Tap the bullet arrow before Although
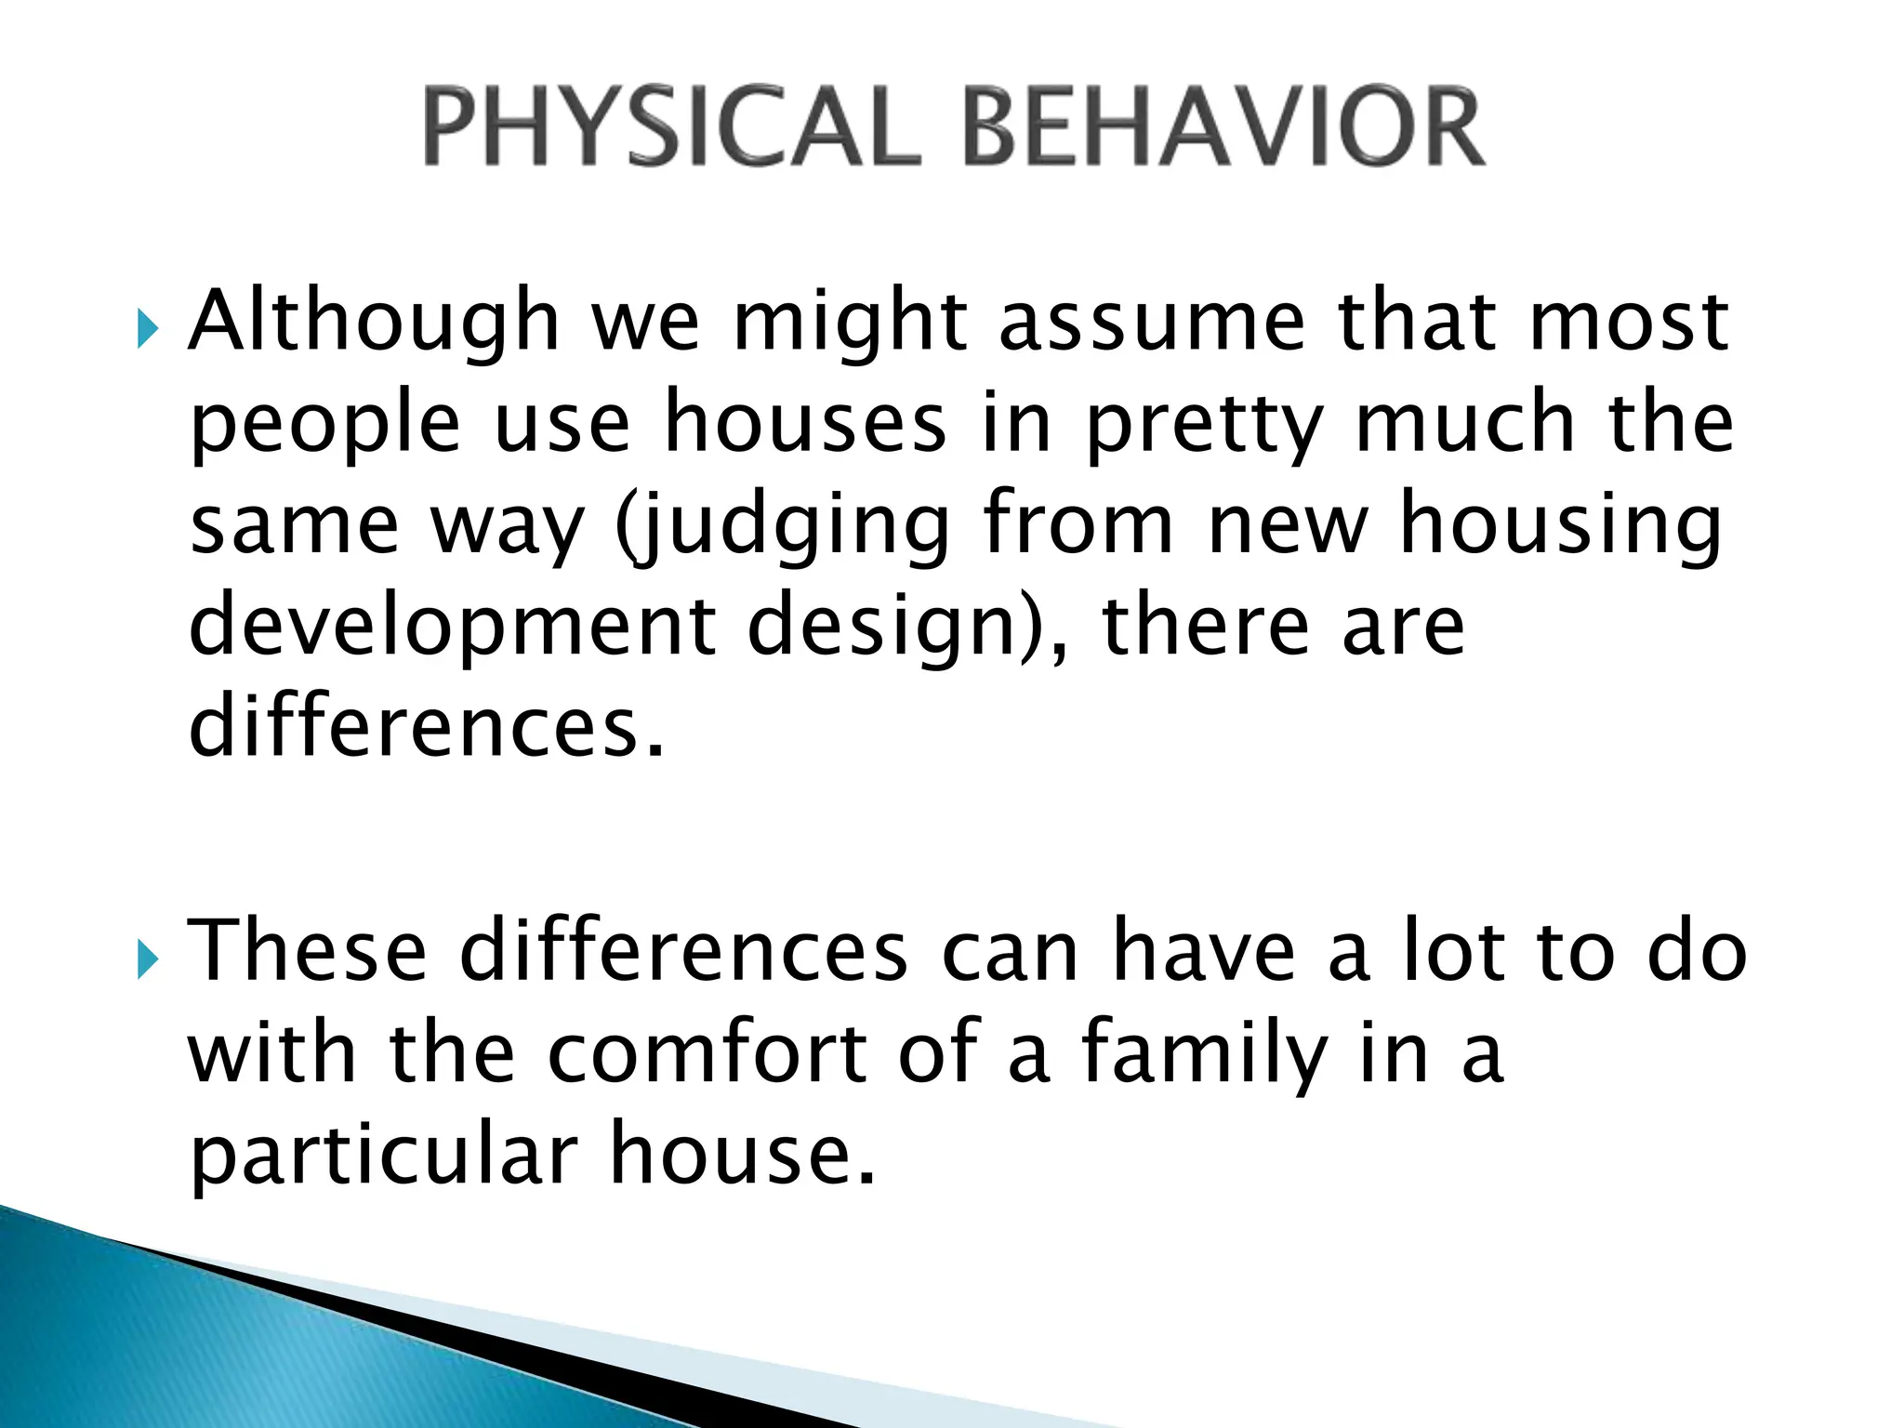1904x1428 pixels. point(147,329)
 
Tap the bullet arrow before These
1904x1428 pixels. point(147,959)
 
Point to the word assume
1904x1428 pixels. point(1152,322)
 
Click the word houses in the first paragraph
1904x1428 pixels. point(804,423)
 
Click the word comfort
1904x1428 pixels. point(707,1054)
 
